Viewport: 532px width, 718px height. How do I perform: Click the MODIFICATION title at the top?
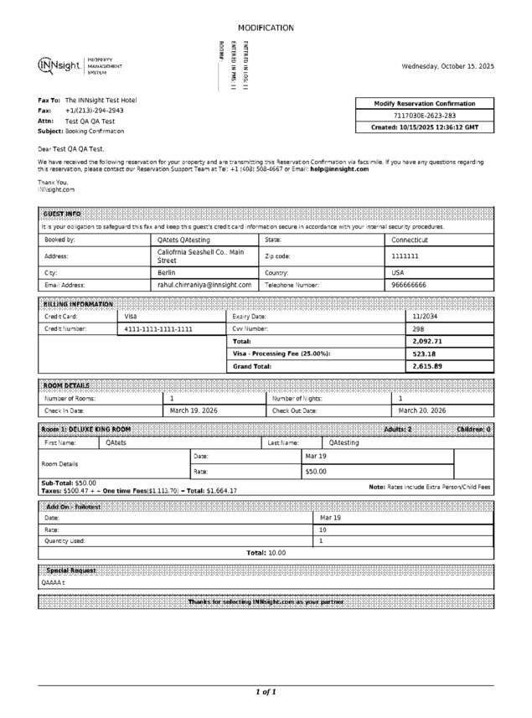pyautogui.click(x=266, y=28)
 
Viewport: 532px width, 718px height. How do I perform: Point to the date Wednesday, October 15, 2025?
pyautogui.click(x=447, y=66)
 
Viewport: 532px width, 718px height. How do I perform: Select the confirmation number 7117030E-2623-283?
pyautogui.click(x=425, y=116)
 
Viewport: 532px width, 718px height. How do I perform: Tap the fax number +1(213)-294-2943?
pyautogui.click(x=95, y=111)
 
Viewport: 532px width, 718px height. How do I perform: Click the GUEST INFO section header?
pyautogui.click(x=62, y=214)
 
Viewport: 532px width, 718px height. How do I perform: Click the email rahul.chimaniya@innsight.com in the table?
pyautogui.click(x=204, y=285)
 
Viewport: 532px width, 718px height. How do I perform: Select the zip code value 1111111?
pyautogui.click(x=405, y=256)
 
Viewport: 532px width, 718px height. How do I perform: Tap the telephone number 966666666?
pyautogui.click(x=409, y=285)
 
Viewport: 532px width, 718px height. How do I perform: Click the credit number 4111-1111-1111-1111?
pyautogui.click(x=158, y=329)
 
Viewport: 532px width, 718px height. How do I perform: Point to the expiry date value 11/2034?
pyautogui.click(x=425, y=317)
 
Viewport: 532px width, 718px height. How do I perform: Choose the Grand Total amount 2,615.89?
pyautogui.click(x=427, y=367)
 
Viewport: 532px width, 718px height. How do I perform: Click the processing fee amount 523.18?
pyautogui.click(x=425, y=354)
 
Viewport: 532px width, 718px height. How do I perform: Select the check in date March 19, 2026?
pyautogui.click(x=194, y=411)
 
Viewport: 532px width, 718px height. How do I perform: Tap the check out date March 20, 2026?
pyautogui.click(x=422, y=411)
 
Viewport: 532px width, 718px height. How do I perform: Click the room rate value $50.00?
pyautogui.click(x=316, y=472)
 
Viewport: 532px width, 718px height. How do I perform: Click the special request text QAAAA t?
pyautogui.click(x=53, y=582)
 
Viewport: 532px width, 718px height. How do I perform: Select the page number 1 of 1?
pyautogui.click(x=266, y=692)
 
